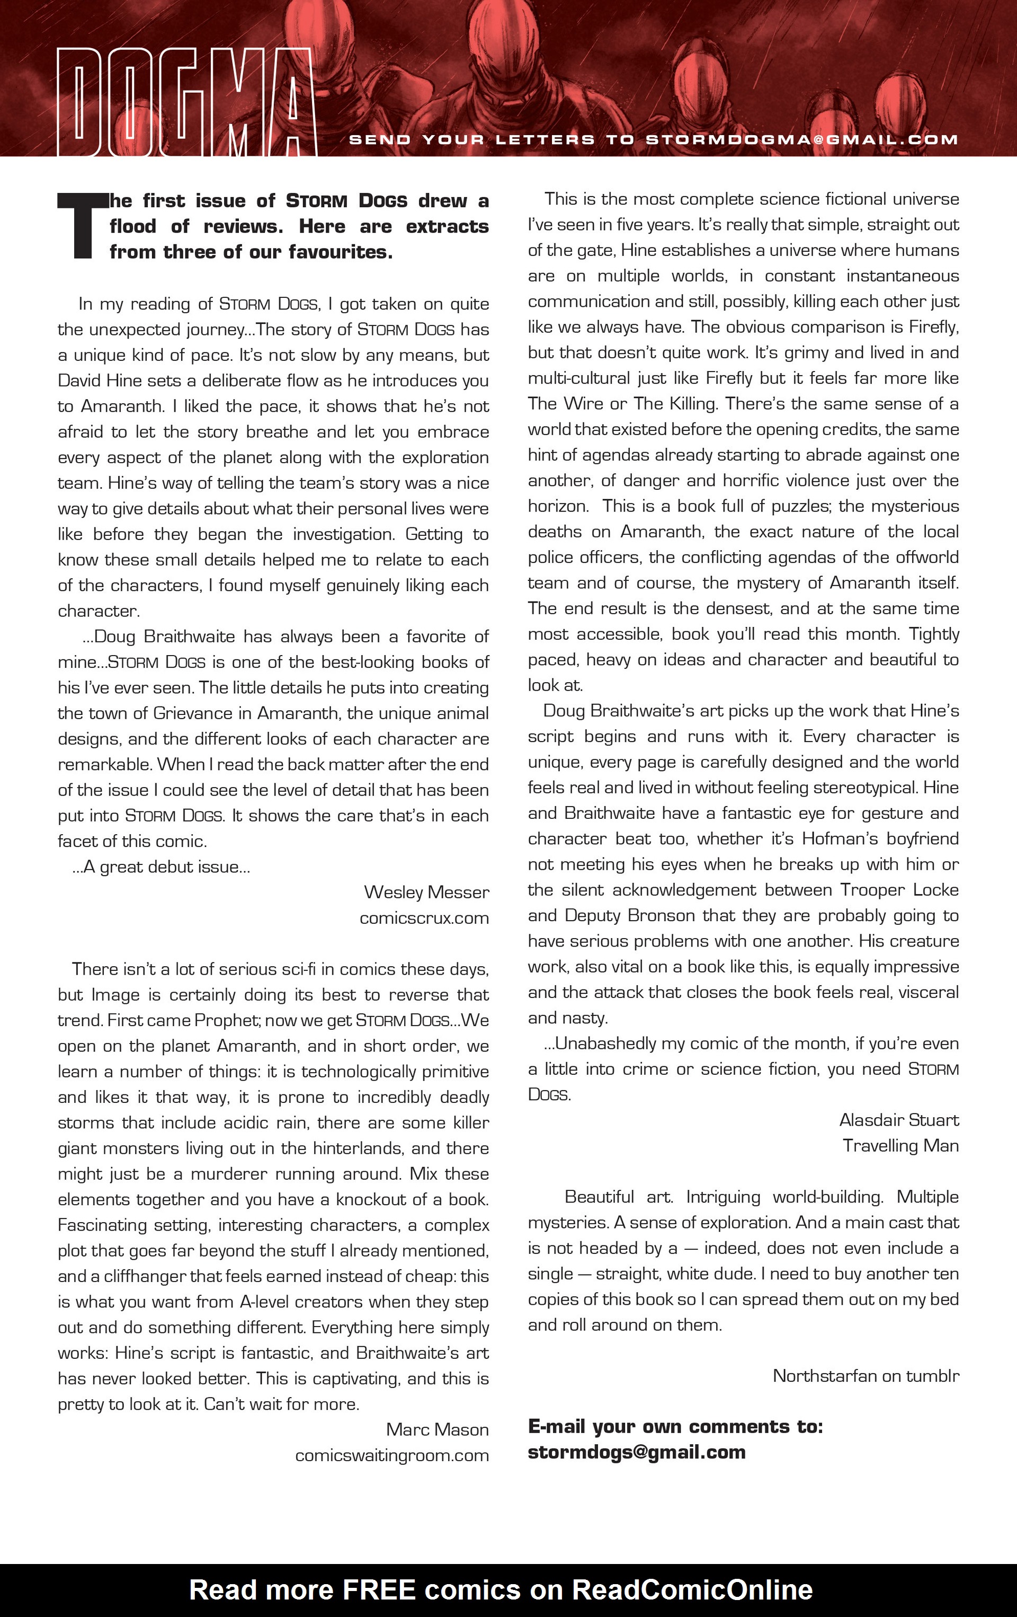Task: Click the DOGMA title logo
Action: click(186, 102)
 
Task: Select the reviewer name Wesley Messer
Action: click(426, 893)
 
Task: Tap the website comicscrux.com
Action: click(424, 918)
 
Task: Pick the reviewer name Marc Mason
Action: click(437, 1429)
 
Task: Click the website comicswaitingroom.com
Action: click(391, 1455)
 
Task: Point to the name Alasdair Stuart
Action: click(898, 1120)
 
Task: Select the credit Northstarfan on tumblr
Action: click(866, 1376)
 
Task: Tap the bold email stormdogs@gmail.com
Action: click(636, 1453)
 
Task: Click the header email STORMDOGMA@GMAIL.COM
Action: click(801, 140)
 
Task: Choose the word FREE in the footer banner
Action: click(379, 1590)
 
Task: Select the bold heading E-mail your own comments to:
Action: click(675, 1426)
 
